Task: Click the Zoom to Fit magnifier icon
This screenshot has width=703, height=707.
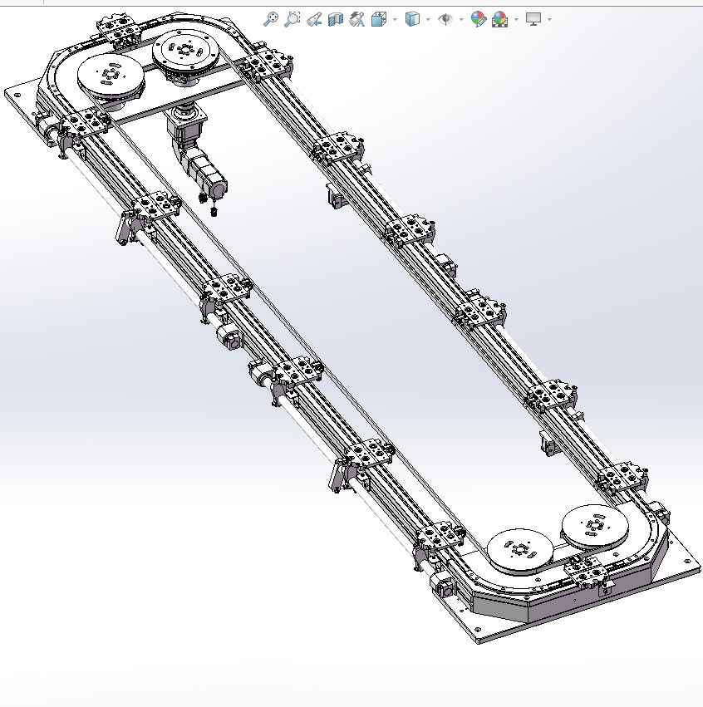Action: pyautogui.click(x=270, y=18)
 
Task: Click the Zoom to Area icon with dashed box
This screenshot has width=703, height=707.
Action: pyautogui.click(x=293, y=18)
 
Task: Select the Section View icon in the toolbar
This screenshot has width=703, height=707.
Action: pyautogui.click(x=336, y=18)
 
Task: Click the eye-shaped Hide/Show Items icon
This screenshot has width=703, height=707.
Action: pyautogui.click(x=445, y=18)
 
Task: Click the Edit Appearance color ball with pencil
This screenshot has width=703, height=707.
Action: pyautogui.click(x=478, y=18)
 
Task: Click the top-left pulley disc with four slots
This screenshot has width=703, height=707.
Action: pyautogui.click(x=108, y=76)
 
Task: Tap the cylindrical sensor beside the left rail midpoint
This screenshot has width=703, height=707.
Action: pyautogui.click(x=228, y=337)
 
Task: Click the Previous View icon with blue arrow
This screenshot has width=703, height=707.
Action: pyautogui.click(x=314, y=18)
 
